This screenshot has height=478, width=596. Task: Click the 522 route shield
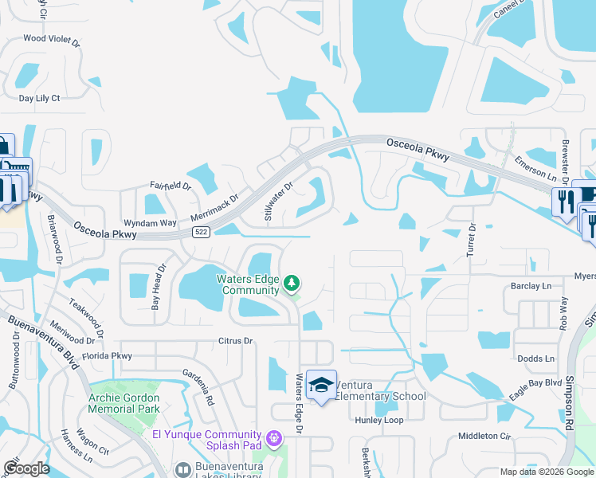tap(201, 231)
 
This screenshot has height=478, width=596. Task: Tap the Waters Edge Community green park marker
tap(292, 283)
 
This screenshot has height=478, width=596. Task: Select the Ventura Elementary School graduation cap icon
tap(320, 385)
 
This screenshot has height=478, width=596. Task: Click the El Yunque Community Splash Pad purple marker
tap(274, 437)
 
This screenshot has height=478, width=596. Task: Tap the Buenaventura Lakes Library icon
tap(183, 470)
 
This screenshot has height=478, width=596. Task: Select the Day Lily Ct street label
tap(40, 98)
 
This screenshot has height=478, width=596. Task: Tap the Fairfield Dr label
tap(171, 186)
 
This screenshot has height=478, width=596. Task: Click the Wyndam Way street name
tap(150, 224)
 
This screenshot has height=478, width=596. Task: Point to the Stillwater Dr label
tap(278, 202)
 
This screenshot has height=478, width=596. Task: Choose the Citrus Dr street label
tap(235, 341)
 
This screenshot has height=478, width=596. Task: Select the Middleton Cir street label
tap(484, 436)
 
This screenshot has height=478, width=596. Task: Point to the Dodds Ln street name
tap(535, 359)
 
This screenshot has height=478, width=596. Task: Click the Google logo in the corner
tap(26, 468)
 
